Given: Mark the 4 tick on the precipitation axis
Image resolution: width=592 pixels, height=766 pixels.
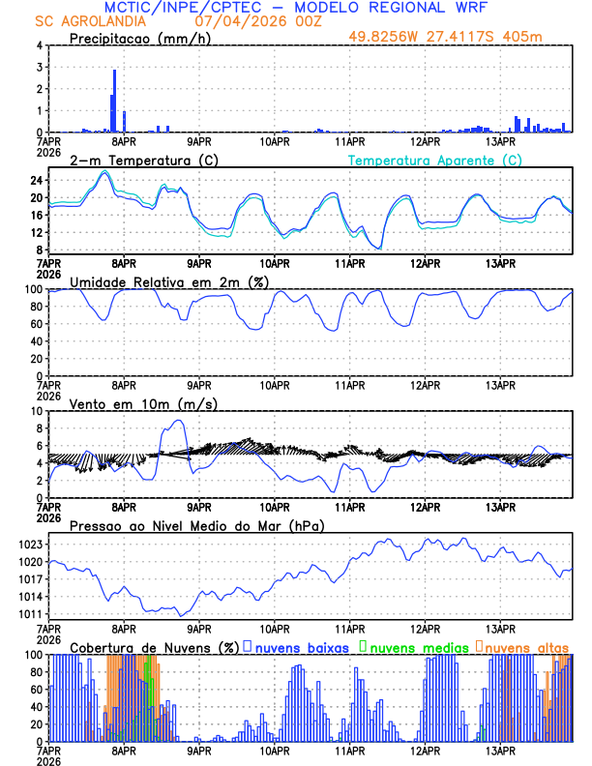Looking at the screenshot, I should click(39, 45).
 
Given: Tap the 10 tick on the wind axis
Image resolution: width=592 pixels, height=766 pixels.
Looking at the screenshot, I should click(35, 411).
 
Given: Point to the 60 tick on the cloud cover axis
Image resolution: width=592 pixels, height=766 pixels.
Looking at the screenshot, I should click(33, 690).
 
